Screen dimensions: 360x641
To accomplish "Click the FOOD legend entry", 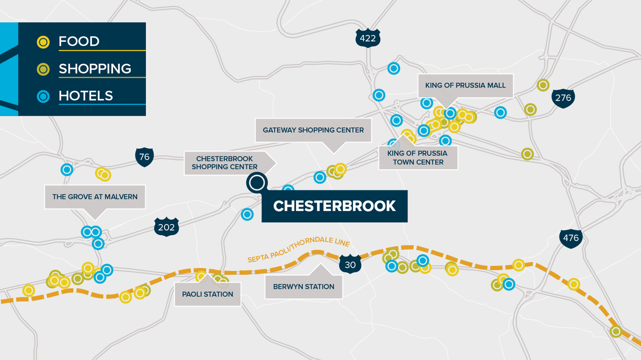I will click(79, 41).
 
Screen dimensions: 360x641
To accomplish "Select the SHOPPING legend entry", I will click(95, 69).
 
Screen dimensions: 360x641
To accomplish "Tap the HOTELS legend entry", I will click(86, 96).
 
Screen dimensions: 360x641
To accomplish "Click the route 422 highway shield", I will click(367, 38).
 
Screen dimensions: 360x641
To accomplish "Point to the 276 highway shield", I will click(563, 98).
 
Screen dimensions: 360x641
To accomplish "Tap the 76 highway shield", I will click(144, 157).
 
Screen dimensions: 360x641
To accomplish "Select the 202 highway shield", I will click(166, 227).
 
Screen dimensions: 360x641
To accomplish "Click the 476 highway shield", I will click(570, 238).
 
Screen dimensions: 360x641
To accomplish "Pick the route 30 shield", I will click(350, 265).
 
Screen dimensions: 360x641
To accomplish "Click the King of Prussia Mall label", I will click(465, 85).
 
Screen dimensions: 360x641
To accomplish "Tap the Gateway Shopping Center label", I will click(313, 130).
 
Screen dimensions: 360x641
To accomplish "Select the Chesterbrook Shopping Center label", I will click(225, 163).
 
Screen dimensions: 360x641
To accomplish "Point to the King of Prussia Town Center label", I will click(418, 158).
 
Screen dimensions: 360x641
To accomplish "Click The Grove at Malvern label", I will click(95, 197).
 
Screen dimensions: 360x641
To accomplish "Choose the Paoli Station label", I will click(208, 294).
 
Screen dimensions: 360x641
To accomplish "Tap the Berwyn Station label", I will click(304, 287).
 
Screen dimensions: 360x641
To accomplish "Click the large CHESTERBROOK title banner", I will click(335, 206).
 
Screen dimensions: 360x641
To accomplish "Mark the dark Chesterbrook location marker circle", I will click(257, 183).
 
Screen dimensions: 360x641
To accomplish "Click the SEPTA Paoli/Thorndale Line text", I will click(298, 249).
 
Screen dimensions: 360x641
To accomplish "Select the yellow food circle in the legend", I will click(43, 42).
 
